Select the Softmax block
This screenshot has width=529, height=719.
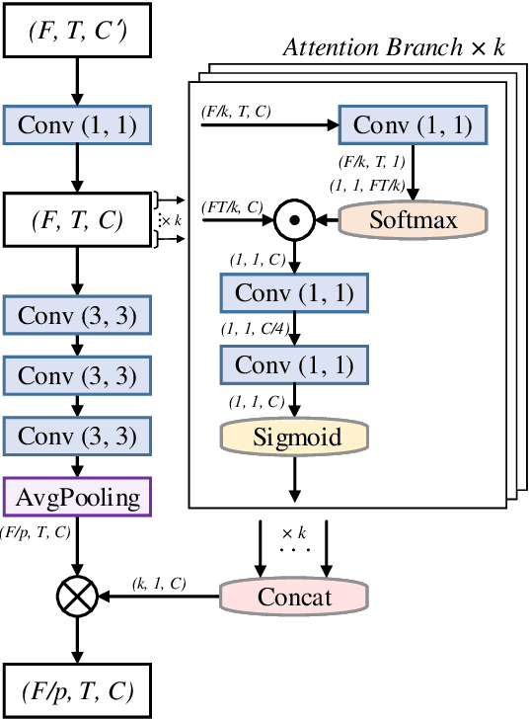click(415, 219)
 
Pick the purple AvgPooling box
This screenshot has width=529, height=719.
click(76, 497)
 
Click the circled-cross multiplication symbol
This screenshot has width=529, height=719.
click(76, 596)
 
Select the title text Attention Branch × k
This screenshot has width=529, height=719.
click(393, 47)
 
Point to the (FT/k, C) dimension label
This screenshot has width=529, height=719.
click(234, 207)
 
